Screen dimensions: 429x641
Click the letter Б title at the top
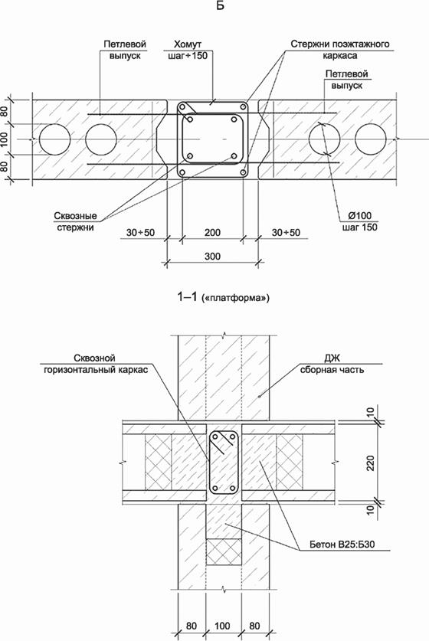point(220,6)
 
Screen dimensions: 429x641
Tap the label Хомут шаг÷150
point(188,50)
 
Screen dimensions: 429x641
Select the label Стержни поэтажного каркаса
point(340,50)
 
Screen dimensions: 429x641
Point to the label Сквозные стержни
point(75,221)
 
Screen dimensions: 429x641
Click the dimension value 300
point(212,257)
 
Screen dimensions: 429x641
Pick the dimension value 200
point(212,233)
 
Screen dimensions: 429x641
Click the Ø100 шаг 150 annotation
point(360,221)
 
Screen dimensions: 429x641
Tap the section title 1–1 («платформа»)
point(223,297)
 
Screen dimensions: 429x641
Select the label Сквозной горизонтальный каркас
point(96,364)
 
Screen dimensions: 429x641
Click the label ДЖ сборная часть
point(332,364)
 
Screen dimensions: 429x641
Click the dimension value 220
point(371,463)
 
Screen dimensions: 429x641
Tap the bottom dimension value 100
point(222,626)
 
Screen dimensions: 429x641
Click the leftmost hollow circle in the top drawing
point(55,139)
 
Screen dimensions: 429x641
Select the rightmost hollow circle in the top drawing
point(371,139)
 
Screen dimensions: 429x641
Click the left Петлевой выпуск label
point(125,50)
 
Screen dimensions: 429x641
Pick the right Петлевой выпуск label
point(347,80)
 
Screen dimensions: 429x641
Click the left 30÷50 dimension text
point(141,233)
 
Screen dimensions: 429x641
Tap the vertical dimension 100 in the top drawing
point(5,139)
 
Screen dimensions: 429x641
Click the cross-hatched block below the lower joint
point(223,552)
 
